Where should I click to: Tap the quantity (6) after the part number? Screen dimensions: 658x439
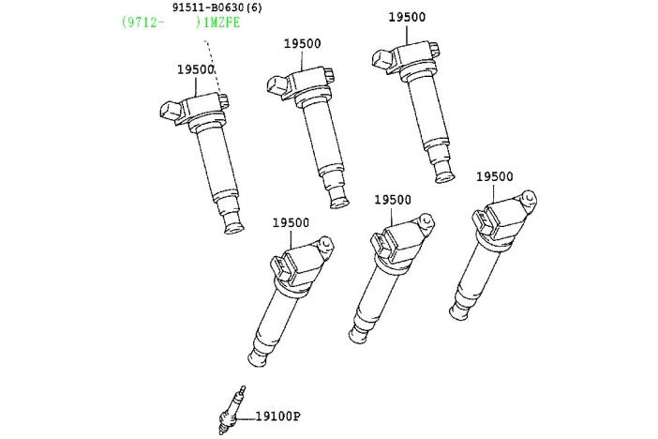click(x=254, y=8)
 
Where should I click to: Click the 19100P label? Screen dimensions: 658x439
click(x=277, y=416)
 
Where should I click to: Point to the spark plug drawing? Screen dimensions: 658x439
click(x=232, y=410)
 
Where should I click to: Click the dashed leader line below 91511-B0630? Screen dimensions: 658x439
click(x=213, y=68)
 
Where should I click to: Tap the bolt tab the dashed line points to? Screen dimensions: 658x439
click(x=224, y=100)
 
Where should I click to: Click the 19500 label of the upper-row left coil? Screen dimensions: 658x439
click(x=196, y=69)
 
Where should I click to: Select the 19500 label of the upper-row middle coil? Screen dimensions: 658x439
click(x=302, y=43)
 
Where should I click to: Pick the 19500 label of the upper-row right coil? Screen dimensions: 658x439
click(x=407, y=17)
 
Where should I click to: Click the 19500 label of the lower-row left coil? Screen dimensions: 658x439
click(x=291, y=222)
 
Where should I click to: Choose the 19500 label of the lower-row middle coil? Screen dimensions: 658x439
click(x=393, y=200)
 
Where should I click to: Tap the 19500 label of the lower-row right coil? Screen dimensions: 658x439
click(x=494, y=176)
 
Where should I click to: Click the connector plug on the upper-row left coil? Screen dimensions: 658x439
click(x=171, y=112)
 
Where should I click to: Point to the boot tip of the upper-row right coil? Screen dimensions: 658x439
click(x=444, y=174)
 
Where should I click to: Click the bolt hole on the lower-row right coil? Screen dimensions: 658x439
click(x=530, y=197)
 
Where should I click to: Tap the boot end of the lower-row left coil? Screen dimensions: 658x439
click(x=258, y=357)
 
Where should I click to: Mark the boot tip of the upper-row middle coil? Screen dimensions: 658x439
click(x=339, y=200)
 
